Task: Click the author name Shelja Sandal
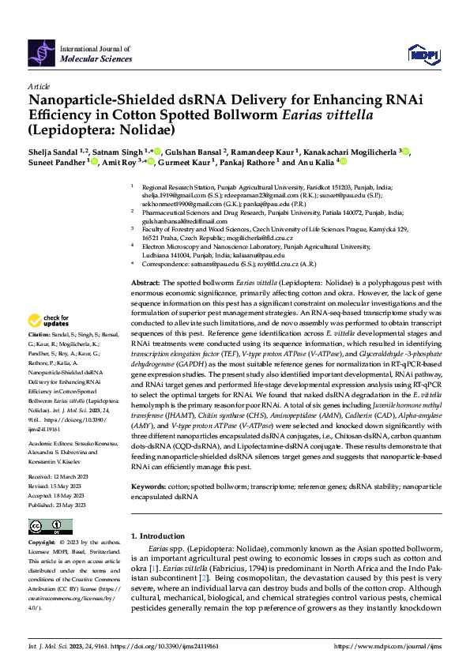tap(55, 152)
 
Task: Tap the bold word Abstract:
tap(146, 283)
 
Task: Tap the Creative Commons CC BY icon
tap(45, 526)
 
